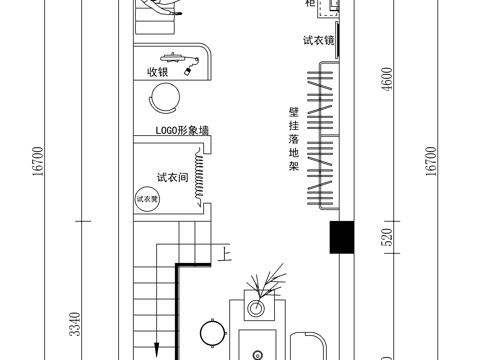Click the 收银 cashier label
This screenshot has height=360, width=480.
157,72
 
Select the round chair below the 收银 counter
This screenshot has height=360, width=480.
164,98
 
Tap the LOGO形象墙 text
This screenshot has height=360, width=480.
182,131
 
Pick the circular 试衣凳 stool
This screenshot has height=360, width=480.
147,199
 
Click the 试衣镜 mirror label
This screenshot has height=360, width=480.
318,41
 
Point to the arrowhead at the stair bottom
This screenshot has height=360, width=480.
157,349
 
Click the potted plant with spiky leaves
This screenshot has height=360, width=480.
267,284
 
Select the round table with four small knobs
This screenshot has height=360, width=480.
212,332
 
